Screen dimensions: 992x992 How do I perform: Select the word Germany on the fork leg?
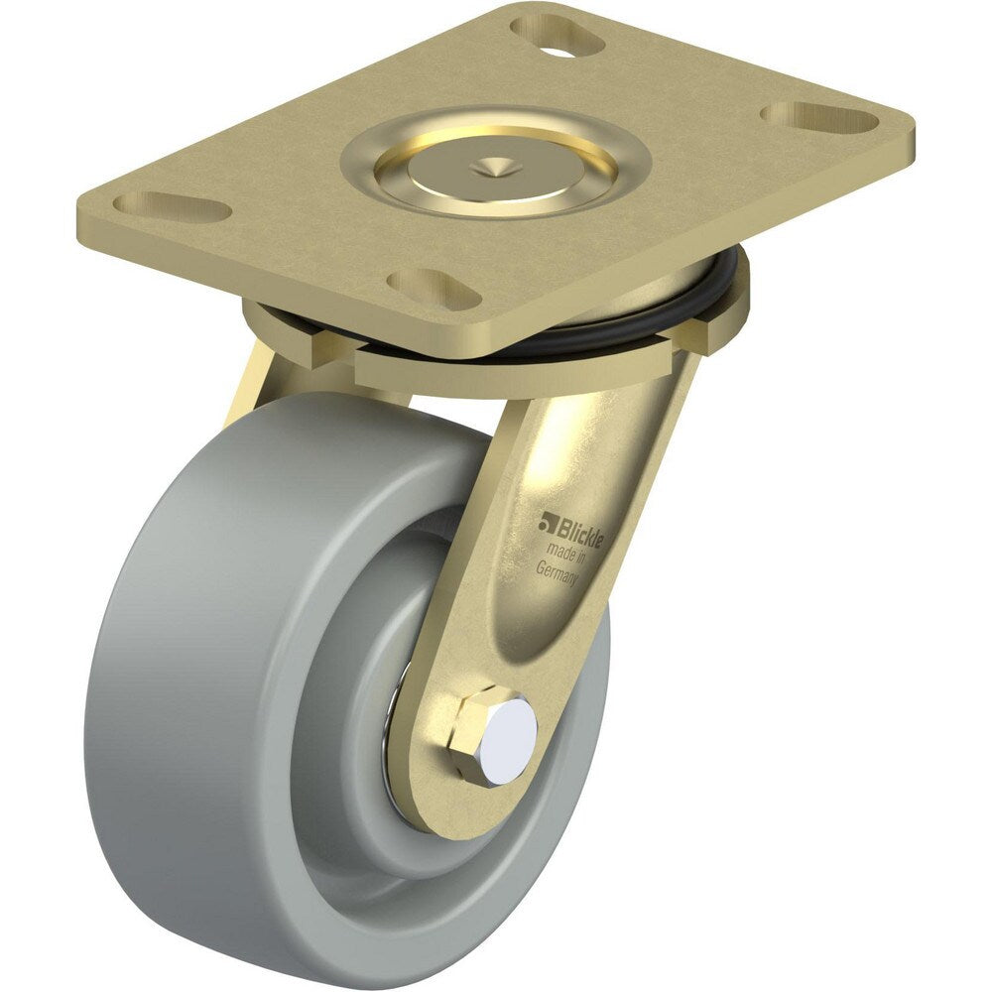pos(558,573)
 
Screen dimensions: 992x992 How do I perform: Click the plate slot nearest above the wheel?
pos(426,287)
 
